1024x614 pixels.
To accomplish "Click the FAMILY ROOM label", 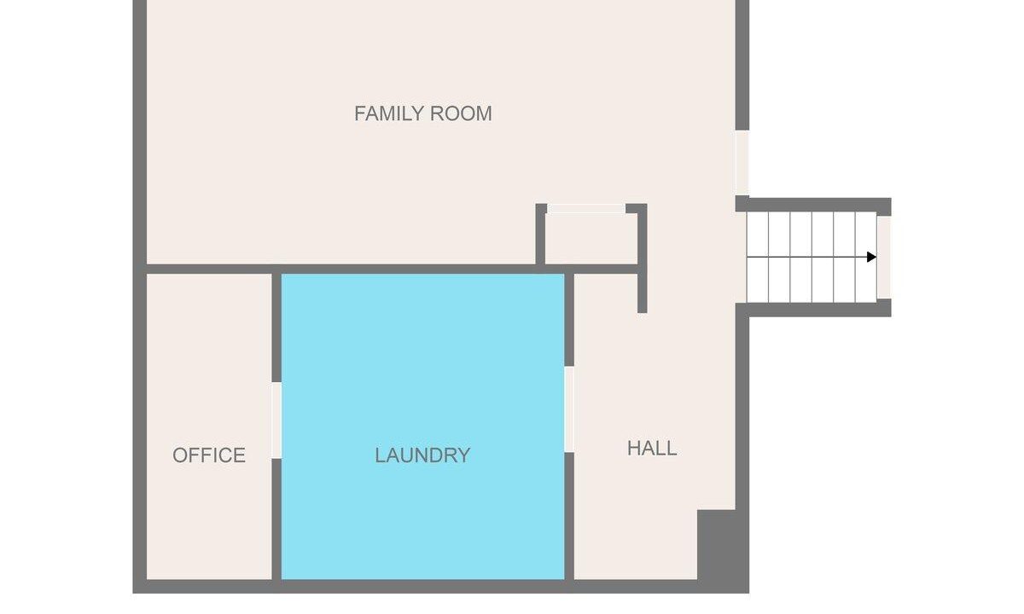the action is (423, 113).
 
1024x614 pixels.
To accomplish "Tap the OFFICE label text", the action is (209, 455).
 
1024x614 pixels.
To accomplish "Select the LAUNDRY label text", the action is (422, 455).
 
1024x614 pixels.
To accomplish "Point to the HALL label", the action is (652, 449).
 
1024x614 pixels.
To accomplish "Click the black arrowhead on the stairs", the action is (871, 257).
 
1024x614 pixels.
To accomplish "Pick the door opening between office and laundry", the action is (276, 420).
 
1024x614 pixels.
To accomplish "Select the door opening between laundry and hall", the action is (569, 409).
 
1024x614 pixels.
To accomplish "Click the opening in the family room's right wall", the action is (742, 163).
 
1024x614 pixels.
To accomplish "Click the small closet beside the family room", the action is (591, 239).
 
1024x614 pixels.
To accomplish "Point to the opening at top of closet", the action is (586, 208).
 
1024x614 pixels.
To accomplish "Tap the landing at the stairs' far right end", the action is (884, 257).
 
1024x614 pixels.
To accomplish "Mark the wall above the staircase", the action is (813, 205).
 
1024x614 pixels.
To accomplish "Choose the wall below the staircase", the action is (813, 310).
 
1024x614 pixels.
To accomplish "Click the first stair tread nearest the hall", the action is (758, 257).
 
